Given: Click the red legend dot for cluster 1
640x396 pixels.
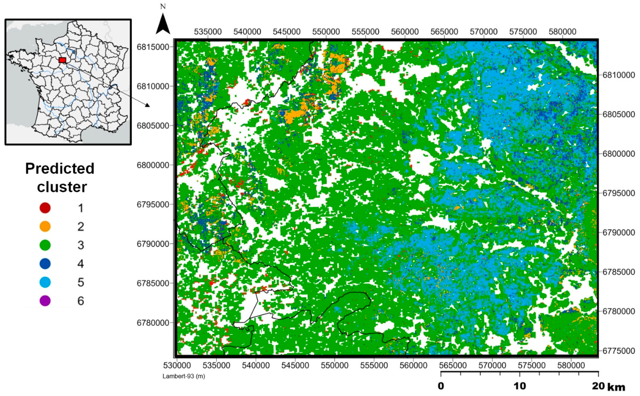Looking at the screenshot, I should click(x=45, y=208).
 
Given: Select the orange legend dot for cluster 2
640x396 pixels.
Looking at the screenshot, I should click(x=45, y=227).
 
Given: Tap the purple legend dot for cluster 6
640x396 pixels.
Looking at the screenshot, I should click(x=45, y=301).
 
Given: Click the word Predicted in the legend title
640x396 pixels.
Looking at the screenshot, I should click(x=60, y=168).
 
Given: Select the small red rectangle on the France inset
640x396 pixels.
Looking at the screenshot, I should click(x=62, y=60).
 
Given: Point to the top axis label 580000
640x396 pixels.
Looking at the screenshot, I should click(x=562, y=32).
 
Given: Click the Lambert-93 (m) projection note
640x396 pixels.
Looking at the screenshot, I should click(x=184, y=376).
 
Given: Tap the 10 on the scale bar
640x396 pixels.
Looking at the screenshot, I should click(x=519, y=386).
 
